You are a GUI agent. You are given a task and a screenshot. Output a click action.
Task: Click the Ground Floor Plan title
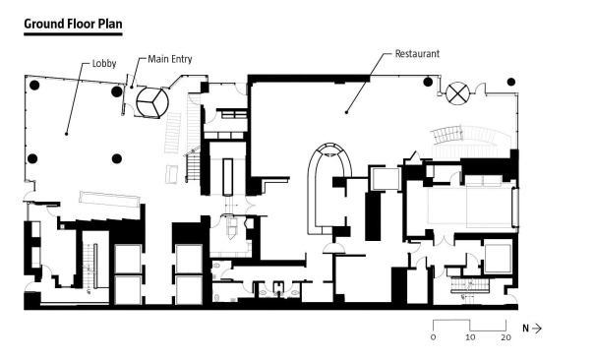73,24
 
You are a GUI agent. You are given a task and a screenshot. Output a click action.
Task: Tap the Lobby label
104,64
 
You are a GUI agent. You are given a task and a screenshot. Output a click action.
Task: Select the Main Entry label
170,59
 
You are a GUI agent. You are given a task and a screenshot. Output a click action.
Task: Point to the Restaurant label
417,54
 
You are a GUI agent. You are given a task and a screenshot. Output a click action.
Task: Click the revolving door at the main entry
152,102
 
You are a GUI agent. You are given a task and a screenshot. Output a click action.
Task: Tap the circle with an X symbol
457,92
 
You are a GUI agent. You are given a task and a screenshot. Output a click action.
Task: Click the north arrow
537,329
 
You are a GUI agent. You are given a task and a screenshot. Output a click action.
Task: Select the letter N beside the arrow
525,329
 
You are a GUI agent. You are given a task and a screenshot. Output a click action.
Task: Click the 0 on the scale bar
434,337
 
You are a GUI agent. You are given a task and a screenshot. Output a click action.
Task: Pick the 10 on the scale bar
470,337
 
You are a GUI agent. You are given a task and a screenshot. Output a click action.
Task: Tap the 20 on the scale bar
506,337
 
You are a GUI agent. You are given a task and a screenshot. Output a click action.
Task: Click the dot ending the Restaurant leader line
346,112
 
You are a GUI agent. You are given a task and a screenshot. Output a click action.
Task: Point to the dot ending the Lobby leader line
67,134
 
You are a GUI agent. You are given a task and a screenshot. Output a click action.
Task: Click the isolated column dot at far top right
511,82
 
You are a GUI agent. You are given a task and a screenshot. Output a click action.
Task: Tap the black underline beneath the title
73,34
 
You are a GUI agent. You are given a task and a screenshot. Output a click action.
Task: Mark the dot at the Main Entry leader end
132,88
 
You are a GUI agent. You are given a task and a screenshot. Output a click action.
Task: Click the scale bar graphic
469,326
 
